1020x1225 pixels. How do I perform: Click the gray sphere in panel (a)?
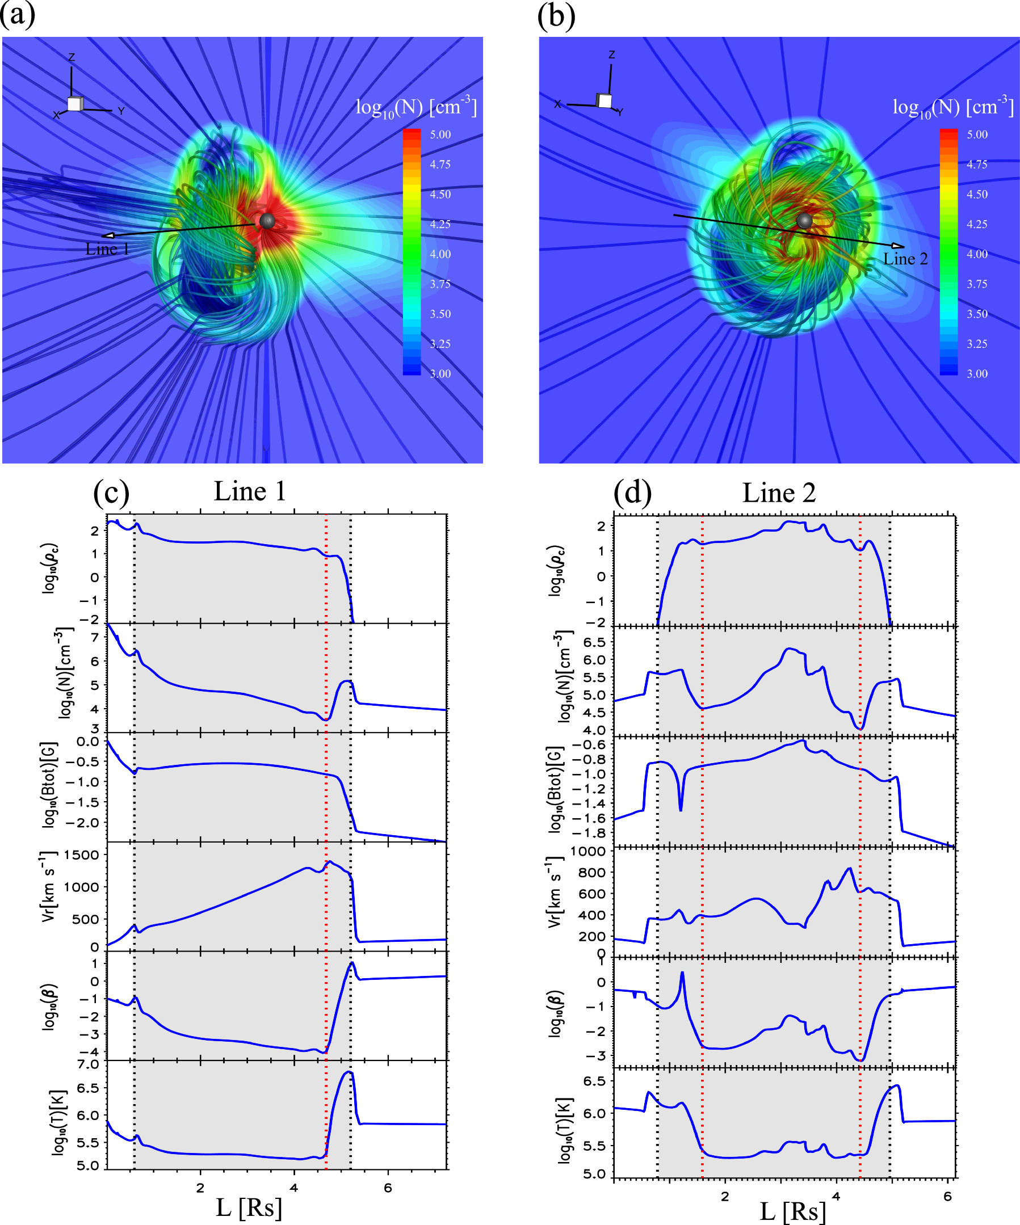tap(267, 221)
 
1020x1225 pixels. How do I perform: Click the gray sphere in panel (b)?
tap(805, 220)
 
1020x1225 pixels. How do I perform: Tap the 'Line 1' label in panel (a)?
tap(107, 249)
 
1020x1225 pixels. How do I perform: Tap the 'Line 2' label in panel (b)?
tap(905, 259)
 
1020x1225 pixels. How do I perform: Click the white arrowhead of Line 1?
tap(108, 235)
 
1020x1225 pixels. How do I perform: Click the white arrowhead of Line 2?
tap(897, 246)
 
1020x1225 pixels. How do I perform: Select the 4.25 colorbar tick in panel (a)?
tap(440, 224)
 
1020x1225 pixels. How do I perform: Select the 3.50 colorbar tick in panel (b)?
tap(977, 314)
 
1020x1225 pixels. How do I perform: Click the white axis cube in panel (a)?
tap(75, 104)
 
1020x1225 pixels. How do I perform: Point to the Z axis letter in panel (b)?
tap(611, 55)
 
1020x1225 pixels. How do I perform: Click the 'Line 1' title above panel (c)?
tap(250, 491)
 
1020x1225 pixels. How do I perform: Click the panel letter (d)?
tap(632, 493)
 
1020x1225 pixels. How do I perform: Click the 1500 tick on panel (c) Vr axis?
tap(82, 855)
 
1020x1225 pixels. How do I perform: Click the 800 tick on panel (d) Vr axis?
tap(594, 873)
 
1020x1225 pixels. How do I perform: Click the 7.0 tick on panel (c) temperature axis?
tap(88, 1064)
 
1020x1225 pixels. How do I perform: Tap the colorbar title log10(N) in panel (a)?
tap(416, 107)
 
